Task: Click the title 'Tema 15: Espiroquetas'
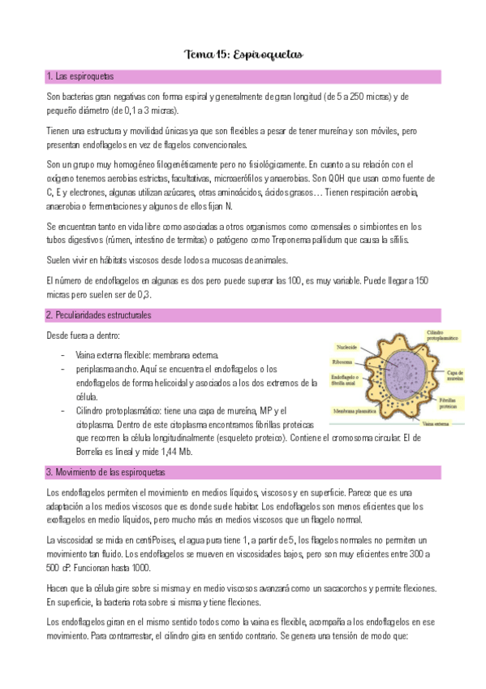click(243, 55)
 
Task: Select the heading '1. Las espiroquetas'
click(80, 76)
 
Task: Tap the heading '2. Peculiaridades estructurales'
click(98, 314)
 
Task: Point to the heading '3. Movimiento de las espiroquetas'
click(105, 472)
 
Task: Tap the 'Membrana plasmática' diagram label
click(352, 411)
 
